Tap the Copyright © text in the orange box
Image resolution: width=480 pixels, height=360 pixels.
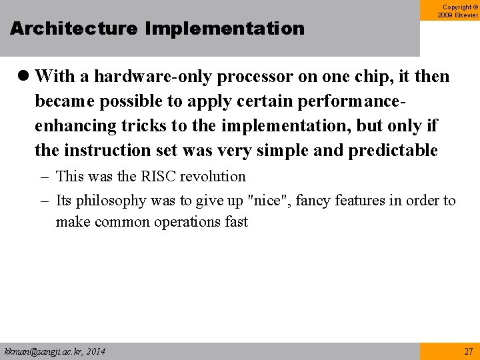click(x=459, y=7)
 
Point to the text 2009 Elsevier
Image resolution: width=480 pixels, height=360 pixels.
click(x=459, y=15)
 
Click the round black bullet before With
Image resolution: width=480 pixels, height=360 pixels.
click(x=25, y=77)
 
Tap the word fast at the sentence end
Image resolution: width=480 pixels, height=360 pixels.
click(x=236, y=222)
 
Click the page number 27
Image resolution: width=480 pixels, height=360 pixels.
click(x=468, y=351)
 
